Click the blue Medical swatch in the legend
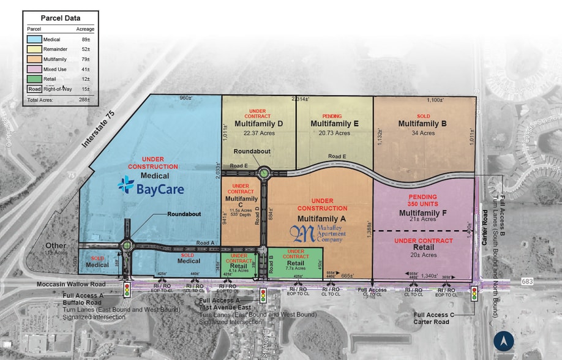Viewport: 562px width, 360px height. [x=34, y=39]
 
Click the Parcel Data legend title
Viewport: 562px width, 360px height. [x=61, y=18]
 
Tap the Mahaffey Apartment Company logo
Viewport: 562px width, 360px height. [x=317, y=234]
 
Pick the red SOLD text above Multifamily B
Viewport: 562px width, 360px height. [x=422, y=115]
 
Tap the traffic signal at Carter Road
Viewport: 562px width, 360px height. [x=473, y=294]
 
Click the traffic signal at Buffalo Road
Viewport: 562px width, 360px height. [x=127, y=290]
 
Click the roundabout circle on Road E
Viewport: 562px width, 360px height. [x=264, y=173]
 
